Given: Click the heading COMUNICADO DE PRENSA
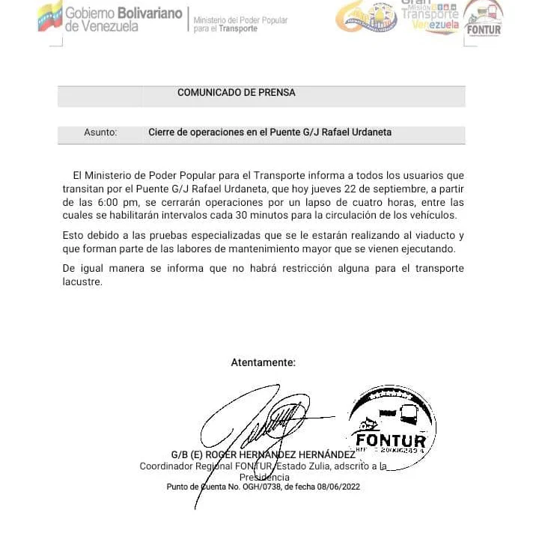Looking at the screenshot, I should point(236,93).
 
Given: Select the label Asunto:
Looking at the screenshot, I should point(100,133).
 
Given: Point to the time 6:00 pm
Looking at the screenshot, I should point(108,203).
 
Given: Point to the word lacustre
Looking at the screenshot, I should point(82,282).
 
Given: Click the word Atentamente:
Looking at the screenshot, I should point(263,362).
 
